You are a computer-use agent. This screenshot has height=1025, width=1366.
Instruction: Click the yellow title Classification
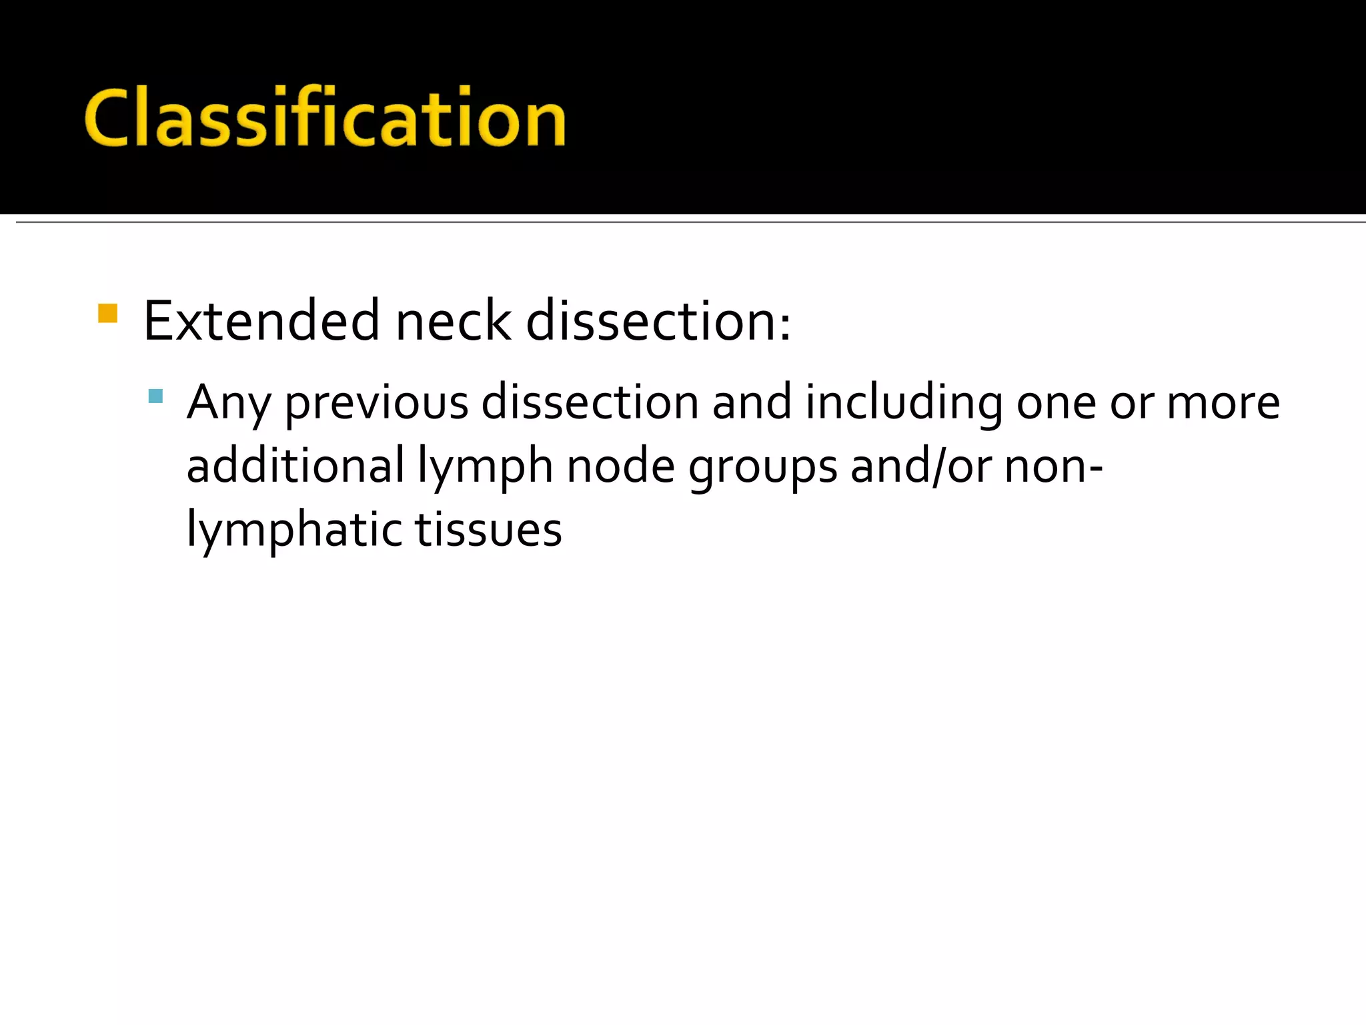[325, 118]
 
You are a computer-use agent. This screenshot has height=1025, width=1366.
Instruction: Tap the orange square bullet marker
[107, 313]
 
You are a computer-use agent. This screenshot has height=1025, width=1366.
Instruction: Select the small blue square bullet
[155, 396]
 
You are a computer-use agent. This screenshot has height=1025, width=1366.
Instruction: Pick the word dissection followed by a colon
[658, 321]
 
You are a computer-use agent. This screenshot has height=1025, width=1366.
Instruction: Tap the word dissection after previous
[590, 402]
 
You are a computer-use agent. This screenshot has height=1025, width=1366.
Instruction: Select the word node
[620, 466]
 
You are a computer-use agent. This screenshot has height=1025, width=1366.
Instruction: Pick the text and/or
[921, 466]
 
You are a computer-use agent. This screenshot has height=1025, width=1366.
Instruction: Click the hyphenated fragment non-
[1054, 466]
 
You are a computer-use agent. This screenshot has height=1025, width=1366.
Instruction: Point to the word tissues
[488, 530]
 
